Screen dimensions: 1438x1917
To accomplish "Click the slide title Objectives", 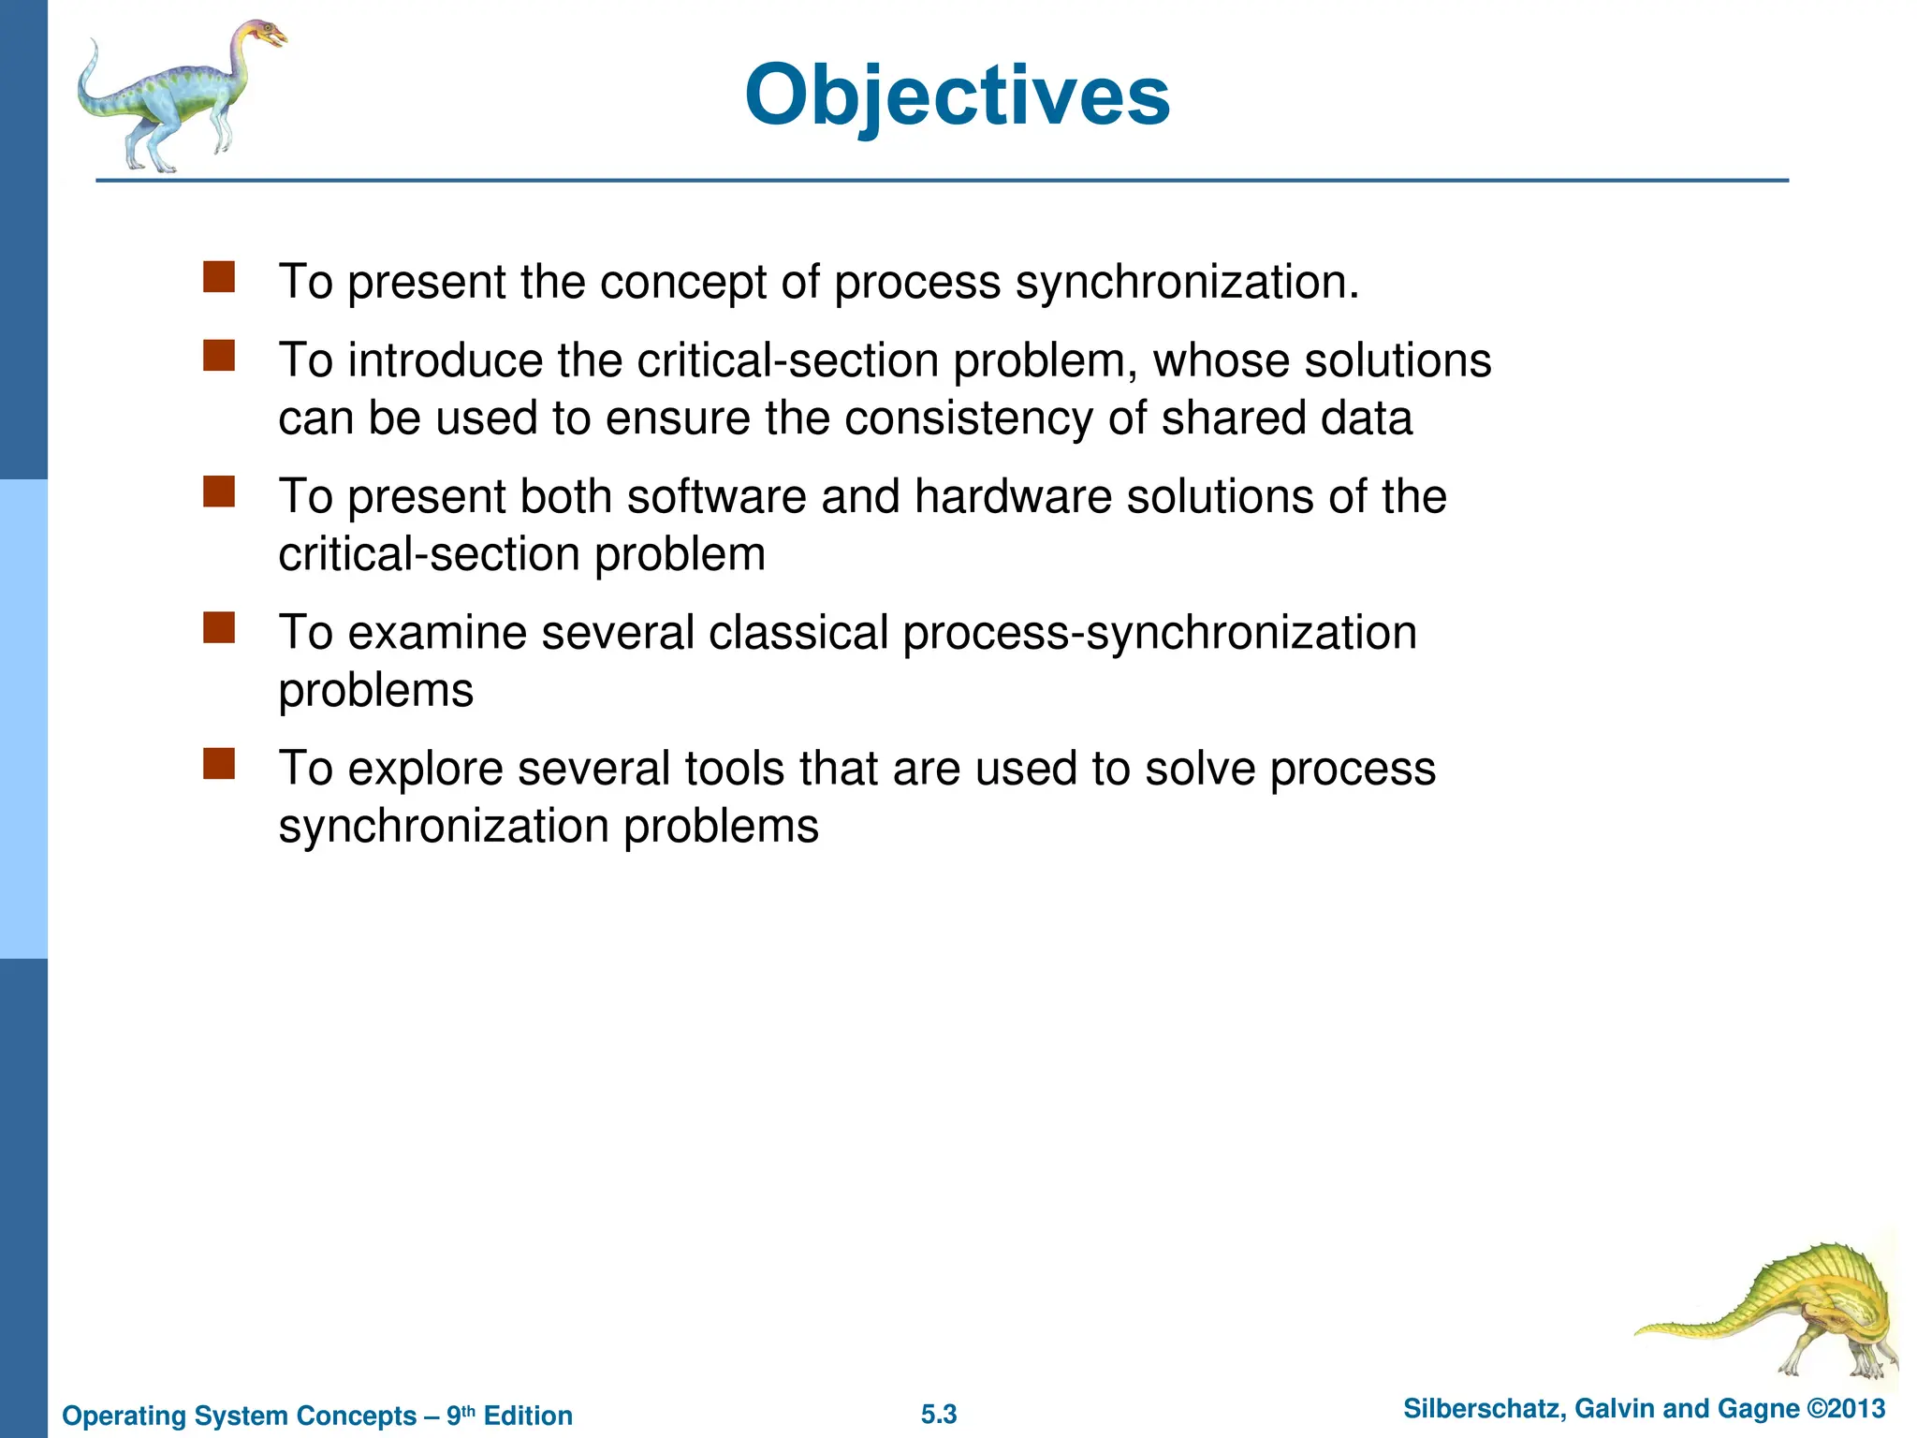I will click(957, 95).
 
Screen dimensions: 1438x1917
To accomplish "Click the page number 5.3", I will click(939, 1415).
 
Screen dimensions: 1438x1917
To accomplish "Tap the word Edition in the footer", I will click(528, 1416).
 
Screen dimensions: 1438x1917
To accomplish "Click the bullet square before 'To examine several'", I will click(219, 628).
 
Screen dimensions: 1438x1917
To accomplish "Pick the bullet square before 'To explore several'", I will click(219, 764).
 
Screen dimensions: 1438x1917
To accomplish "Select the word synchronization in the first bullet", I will click(1187, 282).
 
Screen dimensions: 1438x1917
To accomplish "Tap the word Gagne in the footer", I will click(1759, 1409).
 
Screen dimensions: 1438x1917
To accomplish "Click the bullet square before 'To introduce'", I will click(219, 356).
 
